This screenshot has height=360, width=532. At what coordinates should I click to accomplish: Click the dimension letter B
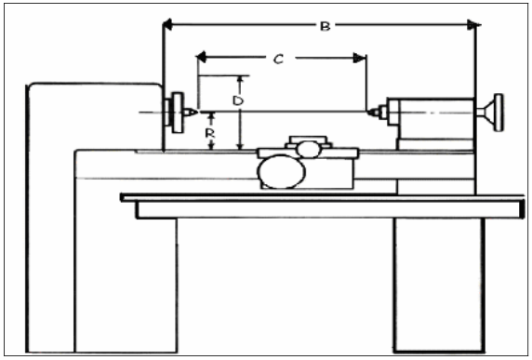(325, 26)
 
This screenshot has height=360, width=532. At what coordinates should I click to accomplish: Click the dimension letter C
(278, 59)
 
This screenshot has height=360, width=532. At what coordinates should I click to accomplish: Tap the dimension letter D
(238, 99)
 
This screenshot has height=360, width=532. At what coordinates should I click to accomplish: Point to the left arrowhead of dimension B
(168, 25)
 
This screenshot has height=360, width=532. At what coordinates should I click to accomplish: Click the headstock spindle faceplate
(173, 113)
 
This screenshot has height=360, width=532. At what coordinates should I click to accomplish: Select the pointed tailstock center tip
(370, 113)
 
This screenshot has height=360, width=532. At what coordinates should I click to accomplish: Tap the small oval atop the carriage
(309, 148)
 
